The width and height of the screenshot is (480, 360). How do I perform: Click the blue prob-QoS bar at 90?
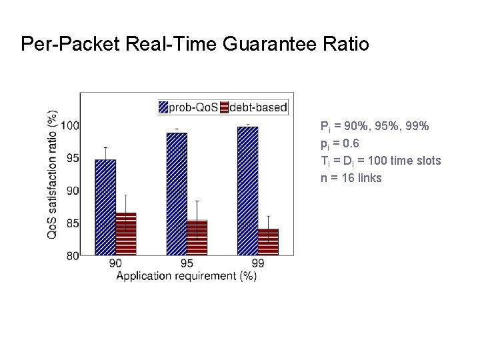pyautogui.click(x=105, y=207)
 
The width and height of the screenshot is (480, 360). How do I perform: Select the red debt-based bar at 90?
pyautogui.click(x=126, y=233)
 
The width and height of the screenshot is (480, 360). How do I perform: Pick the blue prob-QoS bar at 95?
pyautogui.click(x=177, y=193)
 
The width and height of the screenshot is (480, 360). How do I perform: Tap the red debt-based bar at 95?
pyautogui.click(x=197, y=237)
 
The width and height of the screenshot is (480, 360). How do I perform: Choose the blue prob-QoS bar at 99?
pyautogui.click(x=247, y=191)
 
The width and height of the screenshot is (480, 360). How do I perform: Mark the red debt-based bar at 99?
pyautogui.click(x=268, y=241)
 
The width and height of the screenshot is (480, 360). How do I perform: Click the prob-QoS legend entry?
pyautogui.click(x=187, y=107)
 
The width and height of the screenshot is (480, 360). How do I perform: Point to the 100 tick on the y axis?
pyautogui.click(x=71, y=125)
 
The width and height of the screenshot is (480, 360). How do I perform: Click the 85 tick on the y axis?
pyautogui.click(x=71, y=223)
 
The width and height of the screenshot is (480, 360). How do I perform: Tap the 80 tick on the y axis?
pyautogui.click(x=71, y=255)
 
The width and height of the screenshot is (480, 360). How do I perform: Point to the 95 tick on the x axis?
pyautogui.click(x=187, y=264)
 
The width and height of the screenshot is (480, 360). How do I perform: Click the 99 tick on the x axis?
pyautogui.click(x=258, y=264)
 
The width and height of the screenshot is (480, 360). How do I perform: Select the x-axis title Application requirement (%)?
pyautogui.click(x=187, y=276)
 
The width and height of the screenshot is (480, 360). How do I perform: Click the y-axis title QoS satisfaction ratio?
pyautogui.click(x=52, y=175)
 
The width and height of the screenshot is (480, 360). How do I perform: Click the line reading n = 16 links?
pyautogui.click(x=351, y=178)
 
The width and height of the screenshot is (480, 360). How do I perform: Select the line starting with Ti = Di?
pyautogui.click(x=380, y=161)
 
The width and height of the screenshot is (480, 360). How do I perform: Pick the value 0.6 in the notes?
pyautogui.click(x=351, y=143)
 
